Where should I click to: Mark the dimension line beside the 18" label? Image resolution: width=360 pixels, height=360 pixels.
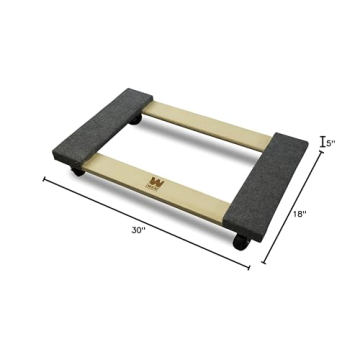pos(295,210)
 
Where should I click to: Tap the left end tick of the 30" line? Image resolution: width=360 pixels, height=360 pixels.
pos(44,180)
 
